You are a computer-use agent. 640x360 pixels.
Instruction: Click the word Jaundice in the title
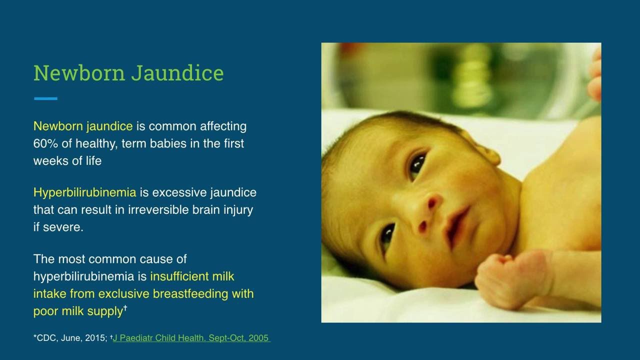pyautogui.click(x=177, y=73)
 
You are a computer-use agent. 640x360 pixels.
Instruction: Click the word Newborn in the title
pyautogui.click(x=79, y=73)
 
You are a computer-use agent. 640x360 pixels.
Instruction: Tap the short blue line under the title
pyautogui.click(x=45, y=98)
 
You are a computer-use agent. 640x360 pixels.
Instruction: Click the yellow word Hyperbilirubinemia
pyautogui.click(x=85, y=193)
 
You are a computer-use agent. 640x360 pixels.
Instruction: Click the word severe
pyautogui.click(x=63, y=227)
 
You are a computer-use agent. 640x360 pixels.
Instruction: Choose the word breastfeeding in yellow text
pyautogui.click(x=190, y=293)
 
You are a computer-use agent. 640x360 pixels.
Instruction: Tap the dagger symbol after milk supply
pyautogui.click(x=125, y=308)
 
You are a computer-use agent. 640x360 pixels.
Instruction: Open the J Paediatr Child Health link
pyautogui.click(x=190, y=338)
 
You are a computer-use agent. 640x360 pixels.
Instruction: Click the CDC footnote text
pyautogui.click(x=70, y=338)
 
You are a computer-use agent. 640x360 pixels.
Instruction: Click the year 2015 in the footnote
pyautogui.click(x=94, y=338)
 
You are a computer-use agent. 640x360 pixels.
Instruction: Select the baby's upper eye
pyautogui.click(x=417, y=165)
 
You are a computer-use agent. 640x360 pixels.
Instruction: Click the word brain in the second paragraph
pyautogui.click(x=206, y=209)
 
